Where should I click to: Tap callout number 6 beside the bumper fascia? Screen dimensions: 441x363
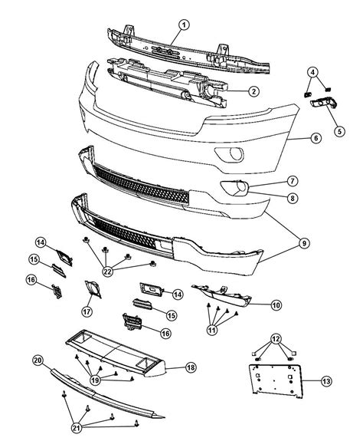[x=314, y=139]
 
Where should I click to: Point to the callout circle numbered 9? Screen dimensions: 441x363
[x=305, y=243]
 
